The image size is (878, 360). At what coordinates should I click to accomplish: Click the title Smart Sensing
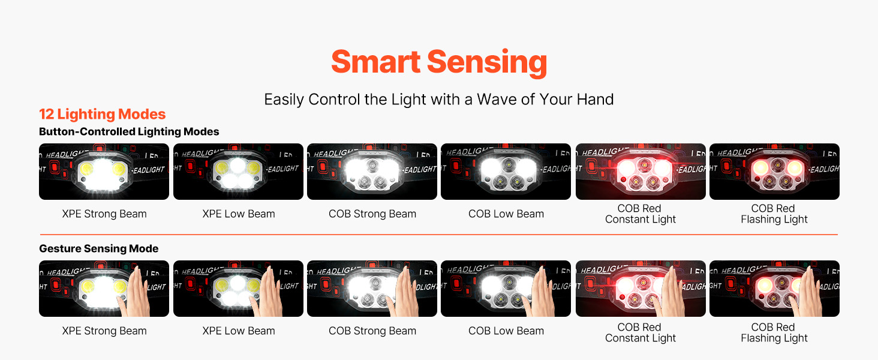pos(439,62)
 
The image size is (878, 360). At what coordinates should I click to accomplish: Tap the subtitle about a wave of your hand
pos(438,100)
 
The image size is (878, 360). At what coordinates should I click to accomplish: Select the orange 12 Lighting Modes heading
pos(103,114)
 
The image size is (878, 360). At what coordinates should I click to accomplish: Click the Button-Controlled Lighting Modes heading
pos(129,131)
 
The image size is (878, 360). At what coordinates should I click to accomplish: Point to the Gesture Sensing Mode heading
pos(99,248)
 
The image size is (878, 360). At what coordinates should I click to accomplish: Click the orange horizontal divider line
pos(438,235)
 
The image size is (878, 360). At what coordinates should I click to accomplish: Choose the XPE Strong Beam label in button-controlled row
pos(104,214)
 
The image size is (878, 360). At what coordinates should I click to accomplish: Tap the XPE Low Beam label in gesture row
pos(239,331)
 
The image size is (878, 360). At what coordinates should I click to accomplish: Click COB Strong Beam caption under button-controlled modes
pos(372,214)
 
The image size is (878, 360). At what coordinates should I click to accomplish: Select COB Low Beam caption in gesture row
pos(506,331)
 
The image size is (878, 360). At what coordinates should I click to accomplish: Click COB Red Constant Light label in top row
pos(641,214)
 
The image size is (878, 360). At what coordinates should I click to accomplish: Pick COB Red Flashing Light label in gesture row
pos(774,332)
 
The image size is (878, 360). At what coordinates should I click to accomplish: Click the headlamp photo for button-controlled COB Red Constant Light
pos(641,172)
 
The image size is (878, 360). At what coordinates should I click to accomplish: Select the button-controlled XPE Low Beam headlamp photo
pos(238,172)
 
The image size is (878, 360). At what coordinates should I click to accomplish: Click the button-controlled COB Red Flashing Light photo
pos(774,172)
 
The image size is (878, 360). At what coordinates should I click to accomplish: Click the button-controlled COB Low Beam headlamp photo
pos(506,172)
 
